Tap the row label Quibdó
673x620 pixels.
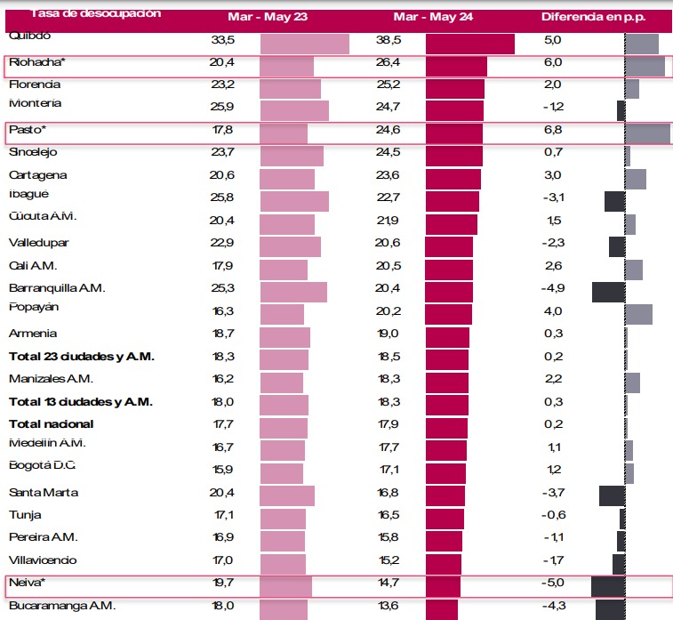(x=29, y=36)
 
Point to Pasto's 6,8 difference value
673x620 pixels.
(x=552, y=130)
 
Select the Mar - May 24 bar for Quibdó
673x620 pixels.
(x=469, y=44)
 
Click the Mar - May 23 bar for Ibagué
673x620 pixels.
(x=294, y=201)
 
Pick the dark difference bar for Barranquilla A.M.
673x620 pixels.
(x=609, y=292)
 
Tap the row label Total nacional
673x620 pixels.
(x=51, y=424)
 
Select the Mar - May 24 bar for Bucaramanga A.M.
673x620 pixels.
(x=442, y=609)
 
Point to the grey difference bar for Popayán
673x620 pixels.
(x=638, y=314)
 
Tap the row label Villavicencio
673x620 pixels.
(x=43, y=560)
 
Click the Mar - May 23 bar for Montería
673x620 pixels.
(x=294, y=110)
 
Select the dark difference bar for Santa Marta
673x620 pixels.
(x=613, y=495)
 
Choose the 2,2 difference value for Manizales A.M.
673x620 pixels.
(x=552, y=379)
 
